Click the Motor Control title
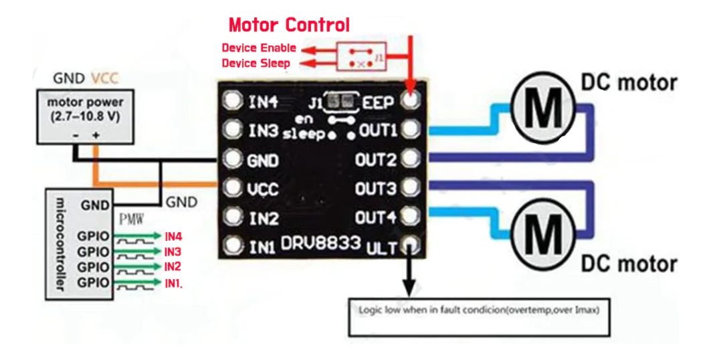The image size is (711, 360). pyautogui.click(x=289, y=25)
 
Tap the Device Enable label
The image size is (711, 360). pyautogui.click(x=258, y=48)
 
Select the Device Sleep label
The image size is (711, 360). pyautogui.click(x=256, y=64)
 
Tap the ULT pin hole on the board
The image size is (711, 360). pyautogui.click(x=411, y=248)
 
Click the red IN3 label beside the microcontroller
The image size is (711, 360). pyautogui.click(x=173, y=252)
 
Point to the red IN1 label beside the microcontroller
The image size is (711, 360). pyautogui.click(x=173, y=283)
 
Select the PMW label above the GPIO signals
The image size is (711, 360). pyautogui.click(x=130, y=219)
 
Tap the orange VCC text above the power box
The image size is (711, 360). pyautogui.click(x=105, y=78)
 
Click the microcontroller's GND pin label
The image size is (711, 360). pyautogui.click(x=94, y=205)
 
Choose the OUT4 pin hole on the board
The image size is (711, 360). pyautogui.click(x=411, y=217)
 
